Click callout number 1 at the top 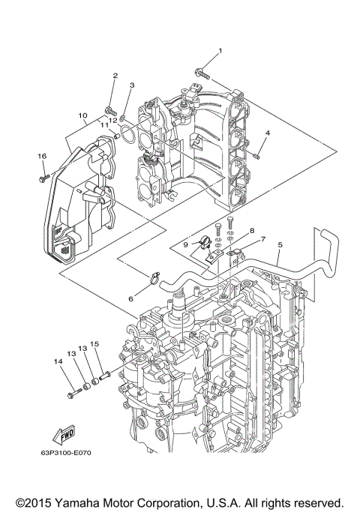click(220, 51)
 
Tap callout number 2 click(115, 76)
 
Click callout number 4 click(267, 134)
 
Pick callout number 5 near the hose click(280, 244)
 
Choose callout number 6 click(130, 298)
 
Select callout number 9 click(184, 244)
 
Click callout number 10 click(82, 115)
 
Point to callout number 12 click(113, 120)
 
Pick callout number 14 click(58, 361)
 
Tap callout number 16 click(42, 155)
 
